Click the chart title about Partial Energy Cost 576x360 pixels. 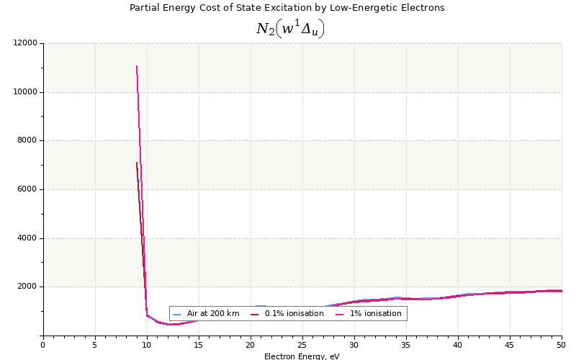(x=287, y=8)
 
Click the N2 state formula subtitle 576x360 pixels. (x=290, y=28)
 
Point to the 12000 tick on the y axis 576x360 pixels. (x=25, y=43)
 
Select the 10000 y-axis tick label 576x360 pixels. (x=25, y=92)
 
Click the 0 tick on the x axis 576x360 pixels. (x=43, y=345)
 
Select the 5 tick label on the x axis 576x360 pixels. (x=95, y=345)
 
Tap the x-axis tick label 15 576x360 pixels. (x=199, y=345)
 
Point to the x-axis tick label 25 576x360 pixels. (x=302, y=345)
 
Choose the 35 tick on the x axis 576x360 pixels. (x=406, y=345)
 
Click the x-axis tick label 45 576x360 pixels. (x=510, y=345)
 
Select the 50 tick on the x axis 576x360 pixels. (x=561, y=345)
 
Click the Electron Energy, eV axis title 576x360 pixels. (x=302, y=356)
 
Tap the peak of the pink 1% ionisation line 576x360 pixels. (x=137, y=66)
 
